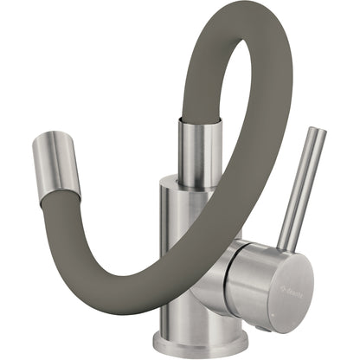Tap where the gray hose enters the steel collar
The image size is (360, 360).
[197, 121]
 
